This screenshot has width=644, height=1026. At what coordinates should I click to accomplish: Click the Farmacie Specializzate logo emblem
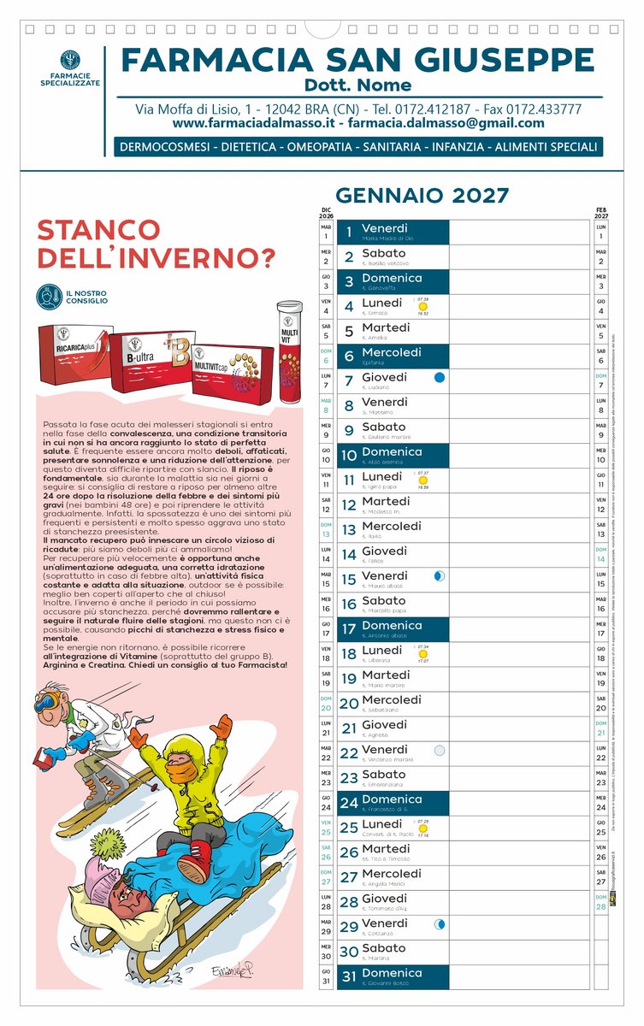(70, 62)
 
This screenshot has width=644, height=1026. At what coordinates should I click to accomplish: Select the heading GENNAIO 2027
(422, 195)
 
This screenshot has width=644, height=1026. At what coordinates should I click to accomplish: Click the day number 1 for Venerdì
(349, 232)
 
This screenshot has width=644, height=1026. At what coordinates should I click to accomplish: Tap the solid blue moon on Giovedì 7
(440, 377)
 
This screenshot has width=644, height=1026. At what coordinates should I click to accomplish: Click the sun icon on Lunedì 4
(422, 306)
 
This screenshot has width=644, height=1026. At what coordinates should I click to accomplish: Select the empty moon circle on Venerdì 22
(440, 751)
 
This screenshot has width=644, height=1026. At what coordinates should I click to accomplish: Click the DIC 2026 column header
(326, 213)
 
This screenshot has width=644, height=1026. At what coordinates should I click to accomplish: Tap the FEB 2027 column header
(601, 213)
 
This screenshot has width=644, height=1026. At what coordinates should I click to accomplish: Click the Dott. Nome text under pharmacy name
(357, 85)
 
